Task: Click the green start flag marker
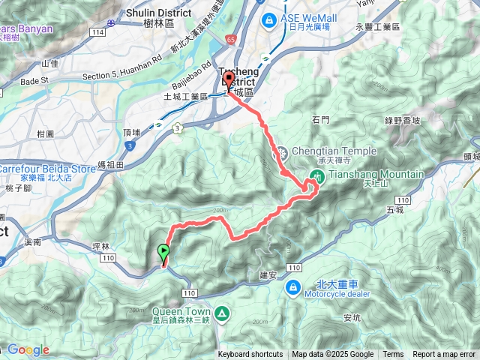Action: tap(163, 253)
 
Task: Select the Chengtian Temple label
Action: tap(322, 149)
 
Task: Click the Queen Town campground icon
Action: tap(222, 313)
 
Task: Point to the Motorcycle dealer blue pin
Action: tap(293, 286)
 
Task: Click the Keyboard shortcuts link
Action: tap(250, 355)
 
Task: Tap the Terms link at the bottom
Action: tap(393, 355)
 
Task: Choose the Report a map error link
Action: tap(444, 355)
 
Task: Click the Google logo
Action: tap(29, 349)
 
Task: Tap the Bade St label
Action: tap(34, 81)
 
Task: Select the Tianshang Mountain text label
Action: tap(376, 174)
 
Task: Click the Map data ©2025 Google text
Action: tap(333, 355)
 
